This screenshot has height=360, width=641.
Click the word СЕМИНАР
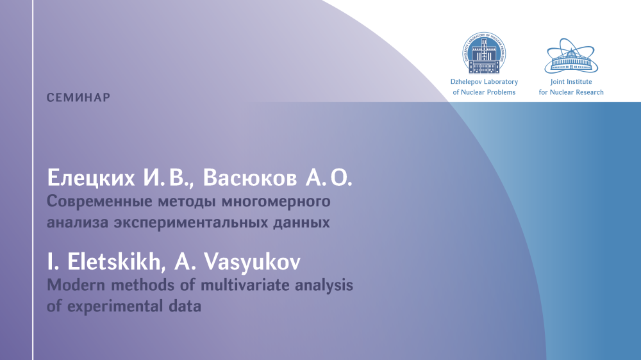point(78,97)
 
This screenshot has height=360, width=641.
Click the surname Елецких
point(91,178)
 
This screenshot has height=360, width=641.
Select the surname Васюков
point(250,178)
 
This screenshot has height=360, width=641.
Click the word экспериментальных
point(192,223)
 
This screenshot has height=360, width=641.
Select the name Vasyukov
point(252,262)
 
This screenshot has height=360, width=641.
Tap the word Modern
point(76,285)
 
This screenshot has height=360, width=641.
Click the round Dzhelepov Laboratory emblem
point(484,53)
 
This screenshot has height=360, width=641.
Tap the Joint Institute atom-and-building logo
point(571,56)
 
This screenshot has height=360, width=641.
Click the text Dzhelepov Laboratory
point(484,82)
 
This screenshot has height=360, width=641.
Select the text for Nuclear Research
point(571,92)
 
